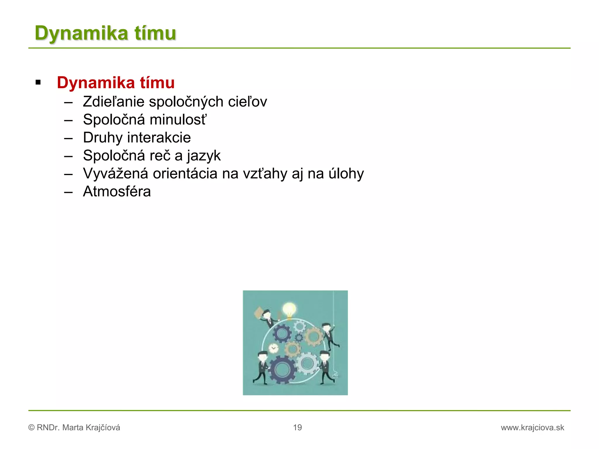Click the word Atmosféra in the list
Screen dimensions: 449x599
point(117,192)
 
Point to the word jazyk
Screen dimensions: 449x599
point(204,156)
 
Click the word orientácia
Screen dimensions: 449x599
point(185,174)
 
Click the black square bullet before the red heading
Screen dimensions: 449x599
point(38,83)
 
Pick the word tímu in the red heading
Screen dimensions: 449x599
point(157,83)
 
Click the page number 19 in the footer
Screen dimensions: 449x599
point(297,427)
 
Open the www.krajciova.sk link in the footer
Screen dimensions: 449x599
point(532,428)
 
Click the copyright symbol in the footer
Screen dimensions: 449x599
point(31,428)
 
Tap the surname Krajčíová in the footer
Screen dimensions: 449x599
point(103,428)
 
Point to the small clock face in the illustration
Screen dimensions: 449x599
point(273,348)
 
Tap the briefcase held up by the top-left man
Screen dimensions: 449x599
point(259,313)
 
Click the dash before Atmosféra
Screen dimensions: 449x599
point(68,192)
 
